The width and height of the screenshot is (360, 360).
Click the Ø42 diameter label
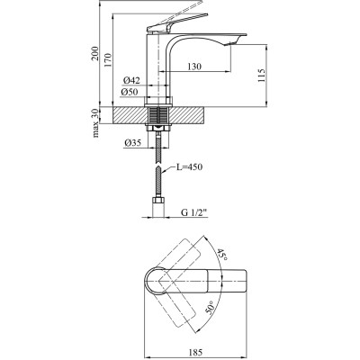pos(130,81)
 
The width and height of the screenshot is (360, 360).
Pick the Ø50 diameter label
pos(130,92)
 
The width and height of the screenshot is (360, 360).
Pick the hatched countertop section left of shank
pos(126,115)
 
